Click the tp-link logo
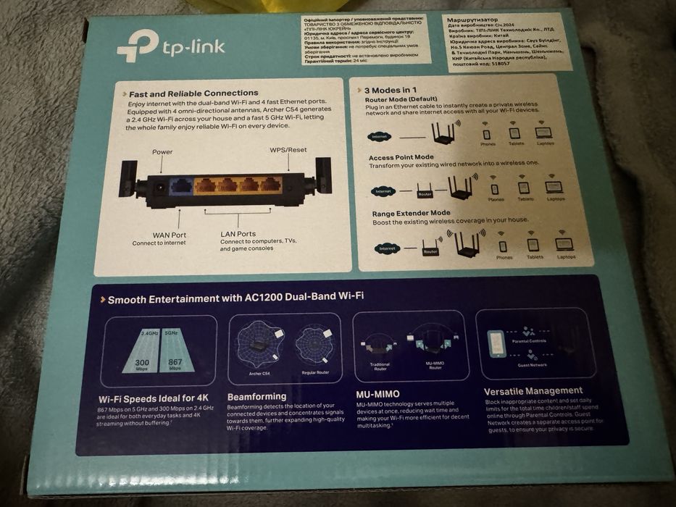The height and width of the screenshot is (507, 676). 171,46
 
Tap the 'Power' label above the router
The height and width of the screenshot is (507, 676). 162,152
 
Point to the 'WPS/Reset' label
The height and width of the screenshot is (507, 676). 288,150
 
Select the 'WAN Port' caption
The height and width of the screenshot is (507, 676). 169,235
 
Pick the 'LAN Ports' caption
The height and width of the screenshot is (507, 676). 238,234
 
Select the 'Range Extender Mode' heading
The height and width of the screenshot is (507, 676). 411,213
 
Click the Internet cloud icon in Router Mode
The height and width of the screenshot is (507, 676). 378,136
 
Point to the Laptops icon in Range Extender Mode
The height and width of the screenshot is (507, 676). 564,246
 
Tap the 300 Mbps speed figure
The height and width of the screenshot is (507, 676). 142,361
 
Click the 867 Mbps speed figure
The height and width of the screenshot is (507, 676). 175,361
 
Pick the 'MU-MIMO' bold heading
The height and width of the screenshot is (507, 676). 378,394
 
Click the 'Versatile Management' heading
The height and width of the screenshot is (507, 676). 533,391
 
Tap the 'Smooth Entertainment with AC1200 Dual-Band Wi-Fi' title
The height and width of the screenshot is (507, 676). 235,298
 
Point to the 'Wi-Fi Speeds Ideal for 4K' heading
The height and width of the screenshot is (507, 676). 154,398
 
